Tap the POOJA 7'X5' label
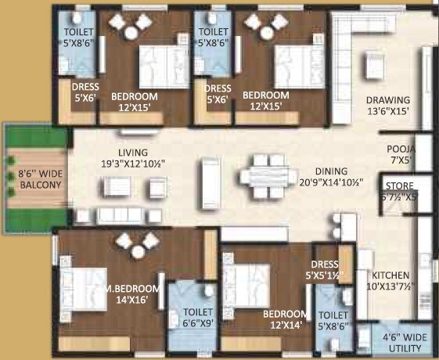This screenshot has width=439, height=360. point(400,154)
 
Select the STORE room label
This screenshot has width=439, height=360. point(403,190)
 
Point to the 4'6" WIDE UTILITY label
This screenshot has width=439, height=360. point(404,343)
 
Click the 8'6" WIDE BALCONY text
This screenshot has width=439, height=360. point(32,178)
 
